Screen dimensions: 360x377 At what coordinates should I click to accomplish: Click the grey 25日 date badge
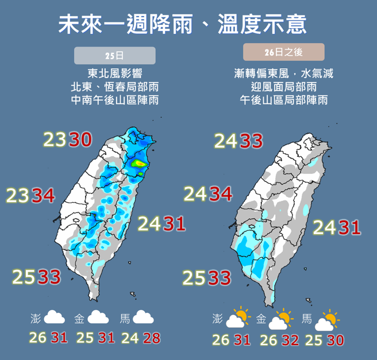[115, 56]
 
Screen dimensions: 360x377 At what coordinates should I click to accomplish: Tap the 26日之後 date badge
[284, 52]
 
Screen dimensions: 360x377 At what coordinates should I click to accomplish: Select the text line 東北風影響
[115, 73]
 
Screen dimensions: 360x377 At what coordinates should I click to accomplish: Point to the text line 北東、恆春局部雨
[115, 87]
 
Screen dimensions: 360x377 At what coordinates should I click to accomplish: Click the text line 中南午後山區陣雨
[115, 100]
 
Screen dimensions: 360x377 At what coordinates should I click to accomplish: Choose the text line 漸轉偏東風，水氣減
[284, 73]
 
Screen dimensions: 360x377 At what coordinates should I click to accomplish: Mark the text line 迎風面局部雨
[284, 87]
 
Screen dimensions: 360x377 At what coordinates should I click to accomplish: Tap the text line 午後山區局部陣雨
[284, 100]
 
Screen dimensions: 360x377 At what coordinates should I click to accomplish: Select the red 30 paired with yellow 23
[81, 140]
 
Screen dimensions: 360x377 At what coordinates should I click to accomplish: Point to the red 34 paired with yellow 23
[43, 196]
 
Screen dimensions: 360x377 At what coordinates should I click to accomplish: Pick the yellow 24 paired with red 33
[227, 140]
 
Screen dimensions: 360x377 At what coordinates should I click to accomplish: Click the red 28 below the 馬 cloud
[151, 338]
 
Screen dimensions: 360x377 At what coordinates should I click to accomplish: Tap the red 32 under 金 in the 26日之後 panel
[290, 339]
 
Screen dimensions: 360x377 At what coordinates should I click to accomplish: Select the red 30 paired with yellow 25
[335, 339]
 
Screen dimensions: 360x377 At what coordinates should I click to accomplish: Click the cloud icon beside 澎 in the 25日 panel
[54, 318]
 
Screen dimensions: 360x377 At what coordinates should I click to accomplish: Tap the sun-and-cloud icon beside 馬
[326, 320]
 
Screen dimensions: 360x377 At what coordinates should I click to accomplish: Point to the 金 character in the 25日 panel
[79, 318]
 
